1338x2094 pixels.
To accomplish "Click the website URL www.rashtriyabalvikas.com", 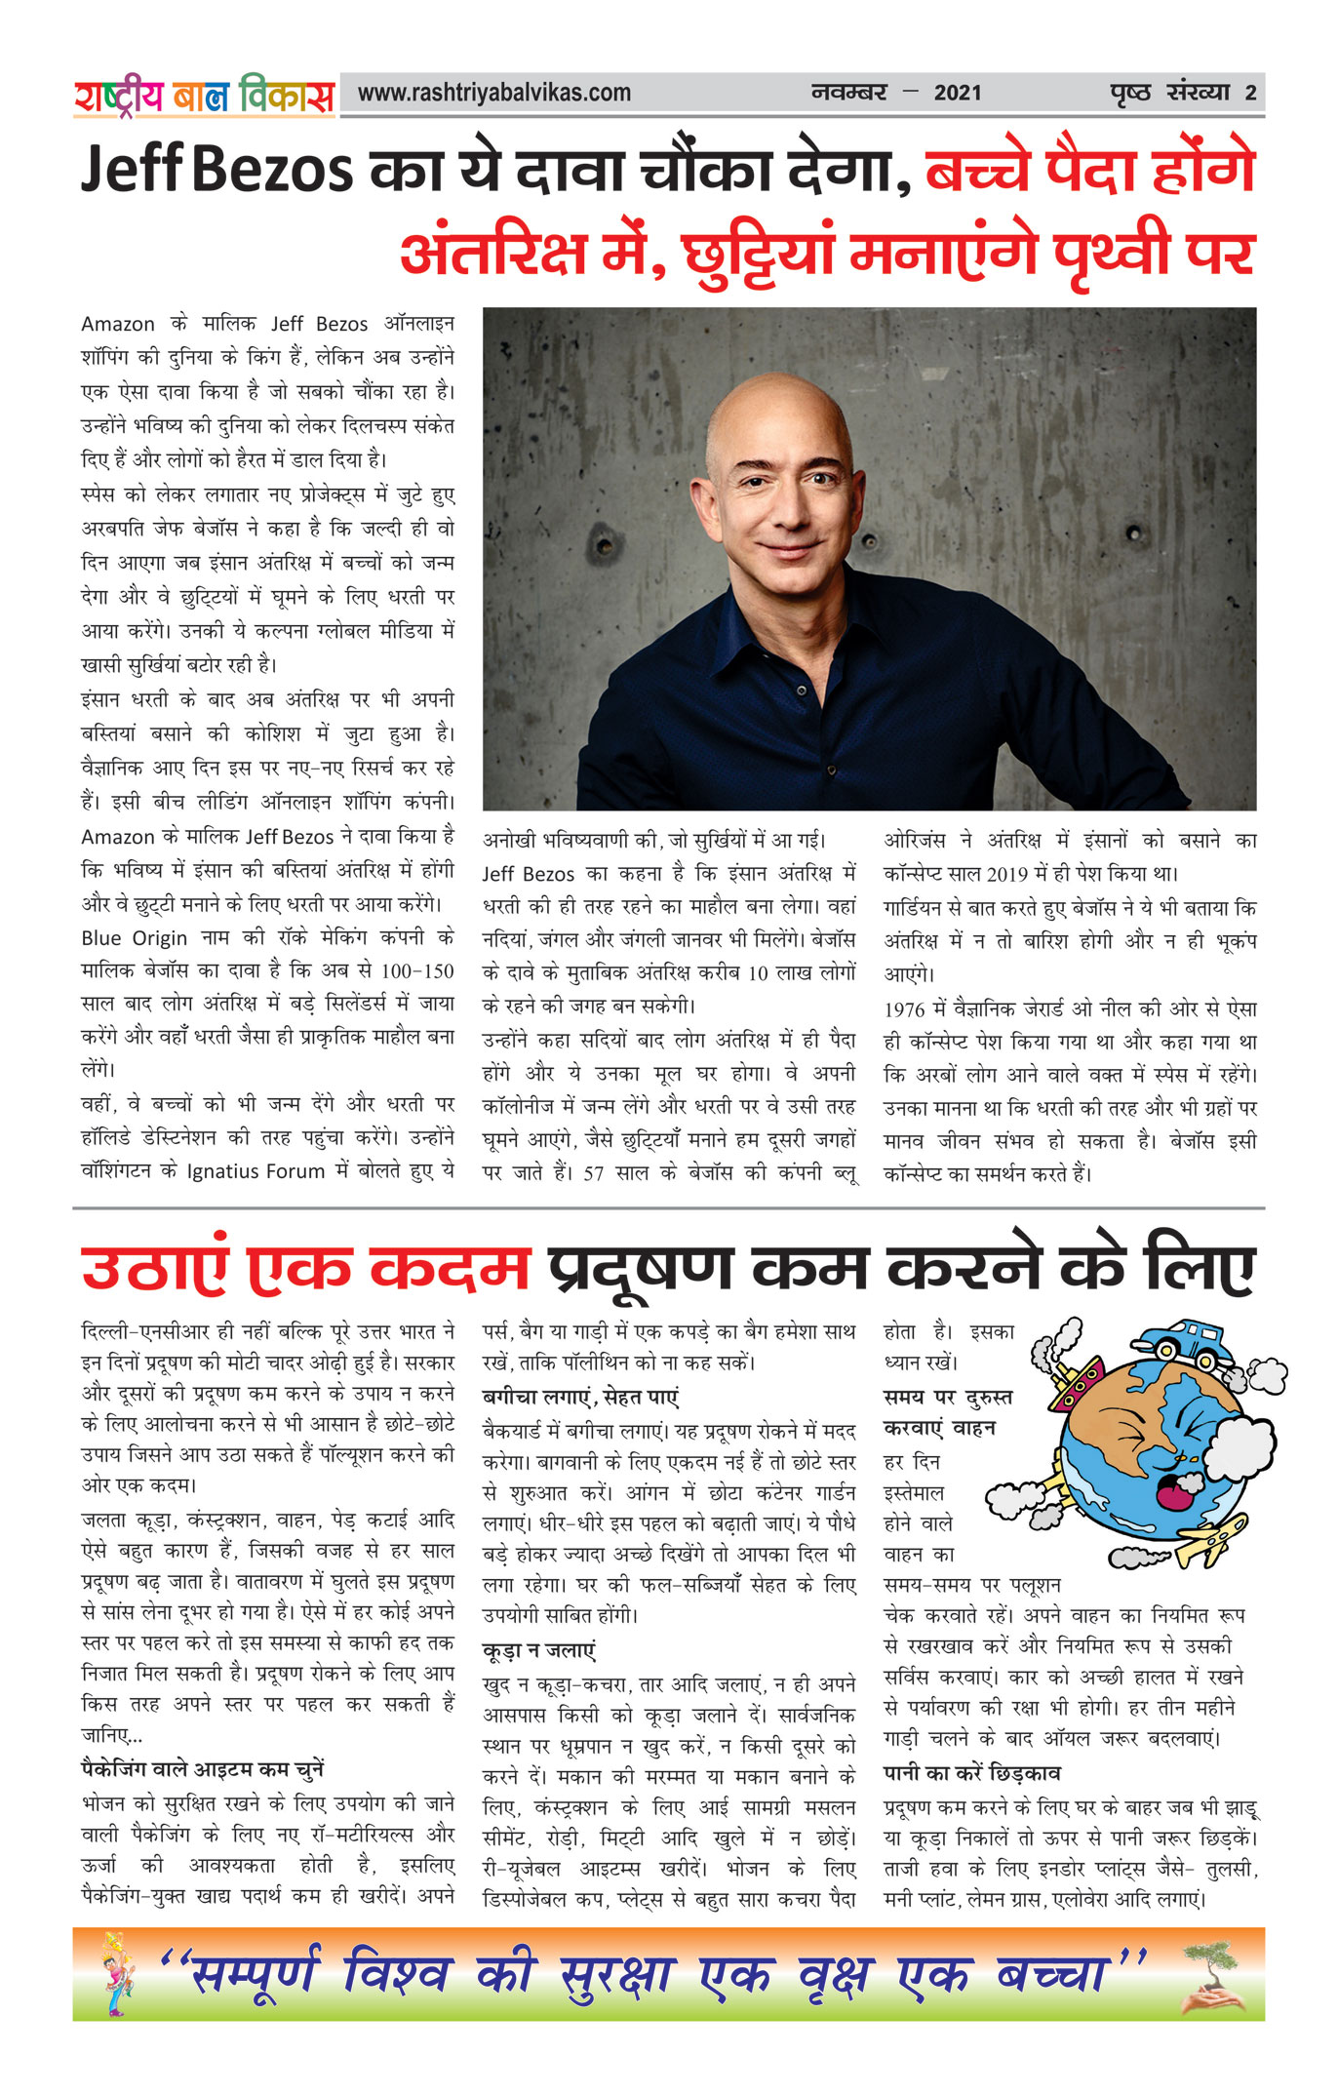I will (493, 94).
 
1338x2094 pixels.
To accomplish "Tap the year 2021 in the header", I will (957, 94).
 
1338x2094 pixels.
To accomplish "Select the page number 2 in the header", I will (1249, 94).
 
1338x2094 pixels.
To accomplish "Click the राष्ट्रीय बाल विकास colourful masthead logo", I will (204, 96).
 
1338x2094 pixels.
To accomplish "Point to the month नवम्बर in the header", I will (848, 94).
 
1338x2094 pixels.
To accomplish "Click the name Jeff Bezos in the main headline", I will (216, 170).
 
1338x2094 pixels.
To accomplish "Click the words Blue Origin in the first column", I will (134, 938).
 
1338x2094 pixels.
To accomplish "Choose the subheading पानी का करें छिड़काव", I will (971, 1772).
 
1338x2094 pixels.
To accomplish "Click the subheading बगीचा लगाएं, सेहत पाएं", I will (580, 1397).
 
